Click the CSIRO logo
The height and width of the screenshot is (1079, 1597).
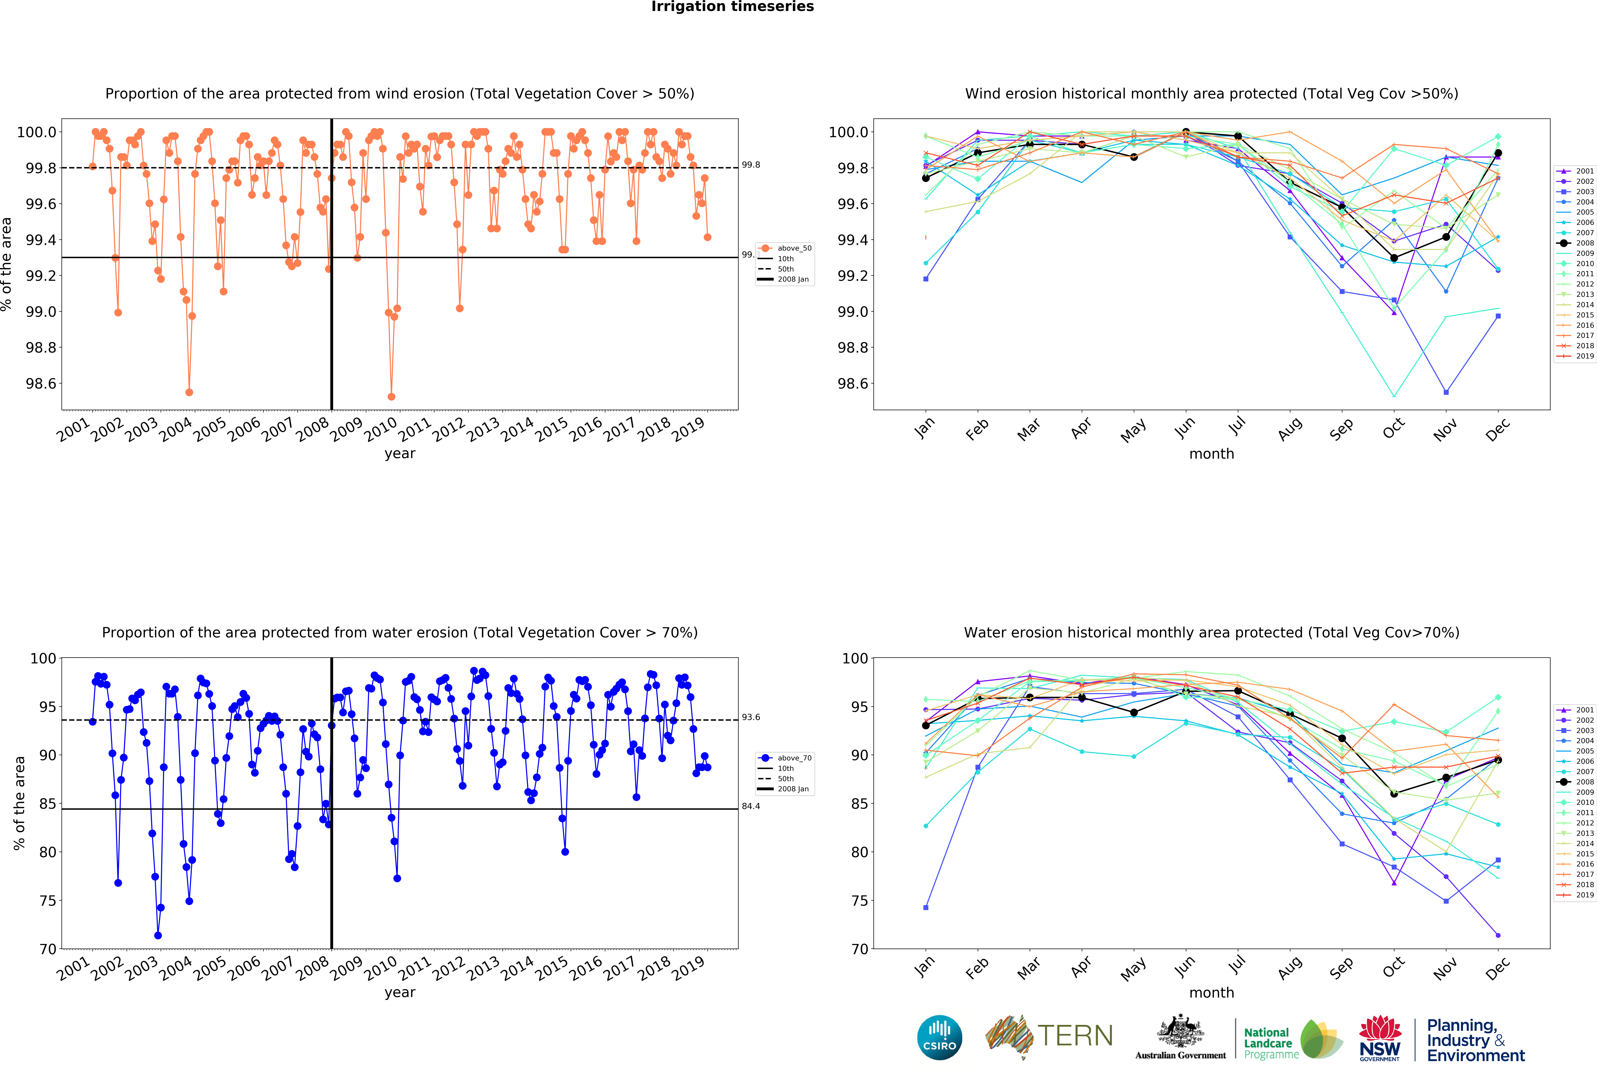point(939,1037)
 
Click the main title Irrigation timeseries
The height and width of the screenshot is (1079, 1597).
point(733,7)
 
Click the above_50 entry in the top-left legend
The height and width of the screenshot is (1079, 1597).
point(794,248)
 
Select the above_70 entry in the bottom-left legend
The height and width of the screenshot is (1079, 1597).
point(794,758)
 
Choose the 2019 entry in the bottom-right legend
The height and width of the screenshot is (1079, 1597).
point(1584,895)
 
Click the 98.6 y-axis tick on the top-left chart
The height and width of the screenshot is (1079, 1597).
point(41,383)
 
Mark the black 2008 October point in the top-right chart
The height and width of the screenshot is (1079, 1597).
point(1394,258)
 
